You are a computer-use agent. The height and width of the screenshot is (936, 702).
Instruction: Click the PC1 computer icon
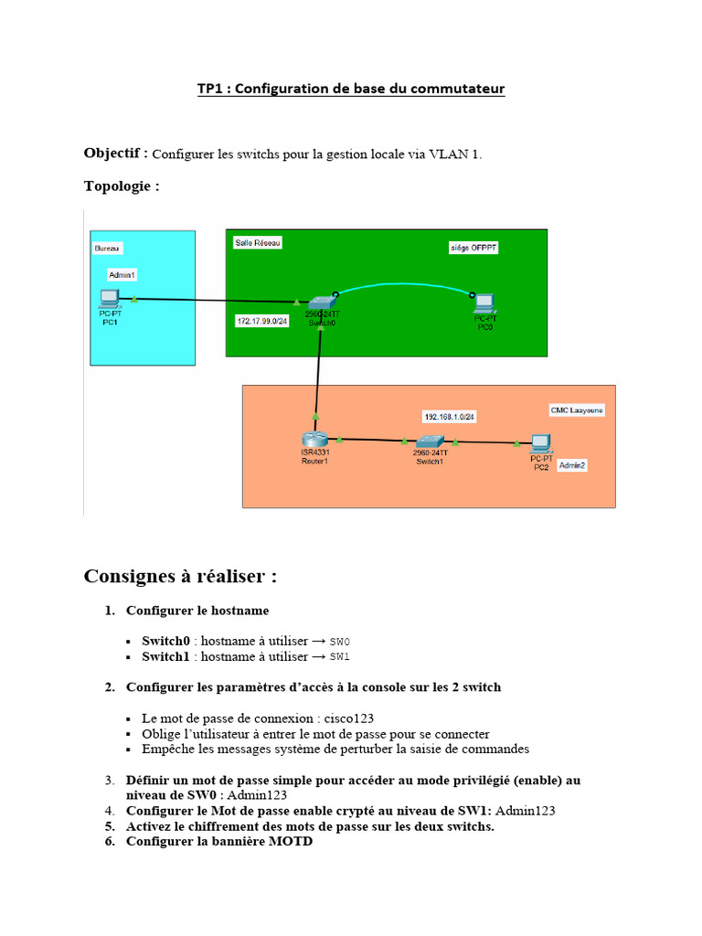[110, 298]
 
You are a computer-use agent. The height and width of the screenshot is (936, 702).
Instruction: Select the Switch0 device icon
[322, 303]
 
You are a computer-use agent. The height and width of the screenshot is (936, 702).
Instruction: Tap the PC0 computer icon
[484, 303]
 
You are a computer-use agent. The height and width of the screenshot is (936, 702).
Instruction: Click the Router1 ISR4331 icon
[314, 440]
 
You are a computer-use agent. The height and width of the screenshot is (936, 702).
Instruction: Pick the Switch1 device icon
[430, 441]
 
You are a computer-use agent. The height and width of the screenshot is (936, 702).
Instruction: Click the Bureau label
[107, 249]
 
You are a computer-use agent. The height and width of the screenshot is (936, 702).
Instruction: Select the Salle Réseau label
[257, 243]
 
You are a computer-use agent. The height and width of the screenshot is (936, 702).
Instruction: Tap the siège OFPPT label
[473, 248]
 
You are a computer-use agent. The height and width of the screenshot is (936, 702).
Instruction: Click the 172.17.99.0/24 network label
[262, 321]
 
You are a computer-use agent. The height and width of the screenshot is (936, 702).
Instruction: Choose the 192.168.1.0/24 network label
[450, 417]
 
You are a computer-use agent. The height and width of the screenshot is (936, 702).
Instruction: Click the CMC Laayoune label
[577, 410]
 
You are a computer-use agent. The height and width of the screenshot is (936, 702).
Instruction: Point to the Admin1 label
[122, 274]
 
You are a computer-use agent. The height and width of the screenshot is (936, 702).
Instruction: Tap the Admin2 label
[572, 465]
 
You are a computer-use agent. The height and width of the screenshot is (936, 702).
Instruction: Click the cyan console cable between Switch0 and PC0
[403, 284]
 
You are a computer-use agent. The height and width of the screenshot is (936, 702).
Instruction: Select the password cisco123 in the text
[348, 718]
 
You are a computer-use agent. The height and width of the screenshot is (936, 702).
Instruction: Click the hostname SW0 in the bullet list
[340, 642]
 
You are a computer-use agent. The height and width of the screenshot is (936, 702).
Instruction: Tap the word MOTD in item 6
[291, 841]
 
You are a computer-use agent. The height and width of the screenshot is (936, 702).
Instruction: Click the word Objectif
[112, 154]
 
